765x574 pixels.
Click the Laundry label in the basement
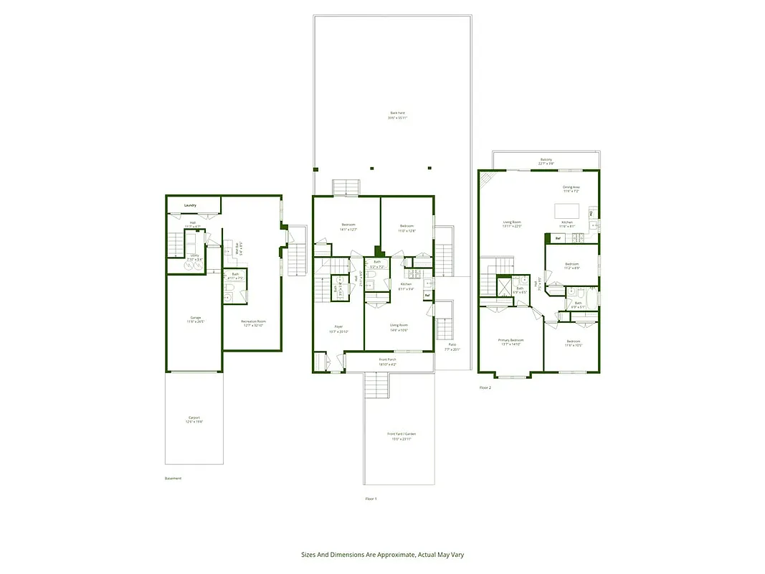(190, 206)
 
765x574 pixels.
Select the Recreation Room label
(252, 322)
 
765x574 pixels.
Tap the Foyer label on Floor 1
(338, 327)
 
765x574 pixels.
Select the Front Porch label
(387, 360)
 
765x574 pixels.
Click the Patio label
(452, 346)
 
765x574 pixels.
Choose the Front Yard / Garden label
(401, 434)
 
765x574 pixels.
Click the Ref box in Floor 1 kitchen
(427, 295)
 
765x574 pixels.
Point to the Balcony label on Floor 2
(546, 160)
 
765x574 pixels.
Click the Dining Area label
(571, 187)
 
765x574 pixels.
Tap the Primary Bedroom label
(511, 340)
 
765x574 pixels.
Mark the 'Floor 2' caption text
(485, 387)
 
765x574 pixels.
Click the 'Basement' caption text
(174, 479)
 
